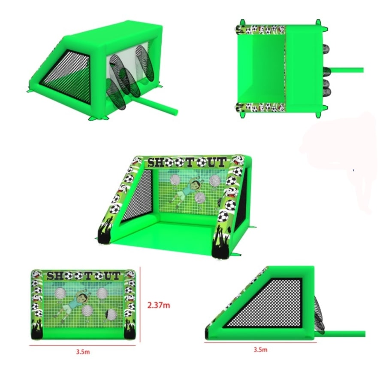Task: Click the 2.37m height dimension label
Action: (x=159, y=305)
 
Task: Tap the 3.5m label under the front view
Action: (x=83, y=352)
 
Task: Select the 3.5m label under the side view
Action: (x=260, y=350)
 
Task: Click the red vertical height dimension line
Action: (x=140, y=305)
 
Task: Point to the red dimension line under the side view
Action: (x=260, y=342)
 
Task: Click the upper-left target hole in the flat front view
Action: (x=60, y=293)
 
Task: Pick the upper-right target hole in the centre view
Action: (x=215, y=180)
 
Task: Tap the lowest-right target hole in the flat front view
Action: (x=111, y=314)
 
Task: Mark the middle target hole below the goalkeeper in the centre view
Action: (x=200, y=198)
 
